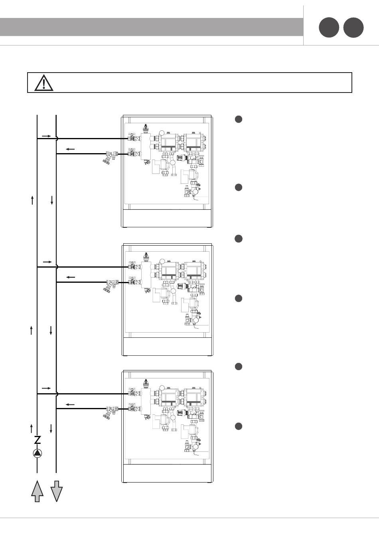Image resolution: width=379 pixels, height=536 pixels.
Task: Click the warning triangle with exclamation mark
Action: (43, 83)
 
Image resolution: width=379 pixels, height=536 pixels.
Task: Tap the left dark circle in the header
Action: (329, 28)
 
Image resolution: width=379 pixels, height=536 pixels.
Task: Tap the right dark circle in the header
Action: (353, 28)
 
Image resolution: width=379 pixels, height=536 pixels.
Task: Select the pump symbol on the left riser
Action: (37, 453)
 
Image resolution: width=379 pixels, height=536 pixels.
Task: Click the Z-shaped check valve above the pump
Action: (37, 440)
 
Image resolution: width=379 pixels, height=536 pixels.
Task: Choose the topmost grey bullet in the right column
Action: (238, 119)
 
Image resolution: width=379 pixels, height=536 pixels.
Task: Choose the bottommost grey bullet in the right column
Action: (238, 426)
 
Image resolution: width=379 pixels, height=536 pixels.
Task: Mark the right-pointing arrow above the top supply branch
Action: (47, 136)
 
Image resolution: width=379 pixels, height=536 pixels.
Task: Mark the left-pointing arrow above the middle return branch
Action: (71, 277)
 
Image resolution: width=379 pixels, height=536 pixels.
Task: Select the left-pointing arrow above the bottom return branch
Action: (70, 404)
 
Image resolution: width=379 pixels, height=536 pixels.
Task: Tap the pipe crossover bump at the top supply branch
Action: (57, 139)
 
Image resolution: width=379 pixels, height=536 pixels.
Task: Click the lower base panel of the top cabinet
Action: (168, 218)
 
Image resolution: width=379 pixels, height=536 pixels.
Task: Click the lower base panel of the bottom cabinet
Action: (168, 474)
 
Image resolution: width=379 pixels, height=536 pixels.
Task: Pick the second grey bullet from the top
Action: (238, 187)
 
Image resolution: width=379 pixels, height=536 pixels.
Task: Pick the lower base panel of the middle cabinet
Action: (168, 346)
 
